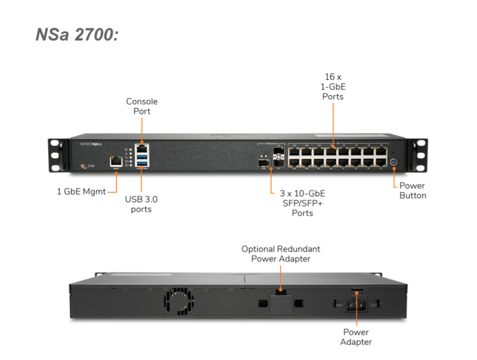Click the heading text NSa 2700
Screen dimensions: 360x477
[77, 34]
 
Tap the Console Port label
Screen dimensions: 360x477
[142, 106]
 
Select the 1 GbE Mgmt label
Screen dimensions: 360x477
[81, 192]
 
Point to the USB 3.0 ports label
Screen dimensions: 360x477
[141, 204]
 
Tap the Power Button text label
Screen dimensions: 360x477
[413, 191]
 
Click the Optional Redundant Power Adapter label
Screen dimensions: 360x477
[281, 253]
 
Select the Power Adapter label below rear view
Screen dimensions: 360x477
[356, 337]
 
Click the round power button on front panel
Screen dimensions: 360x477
[394, 162]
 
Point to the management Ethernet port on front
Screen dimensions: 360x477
[116, 161]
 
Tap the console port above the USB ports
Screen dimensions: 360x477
[142, 149]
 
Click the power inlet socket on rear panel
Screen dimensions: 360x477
[356, 304]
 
